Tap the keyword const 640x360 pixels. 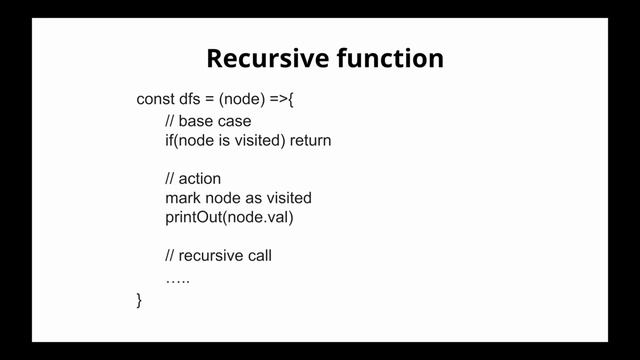pyautogui.click(x=156, y=99)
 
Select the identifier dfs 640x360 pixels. pyautogui.click(x=193, y=99)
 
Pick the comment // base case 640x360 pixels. pyautogui.click(x=208, y=121)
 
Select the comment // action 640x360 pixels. pyautogui.click(x=193, y=179)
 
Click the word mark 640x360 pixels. pyautogui.click(x=182, y=198)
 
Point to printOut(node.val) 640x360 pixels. pyautogui.click(x=230, y=217)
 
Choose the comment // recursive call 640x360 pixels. pyautogui.click(x=218, y=256)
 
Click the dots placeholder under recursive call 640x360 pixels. pyautogui.click(x=177, y=277)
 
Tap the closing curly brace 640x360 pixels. pyautogui.click(x=139, y=299)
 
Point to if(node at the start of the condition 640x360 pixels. pyautogui.click(x=187, y=140)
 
